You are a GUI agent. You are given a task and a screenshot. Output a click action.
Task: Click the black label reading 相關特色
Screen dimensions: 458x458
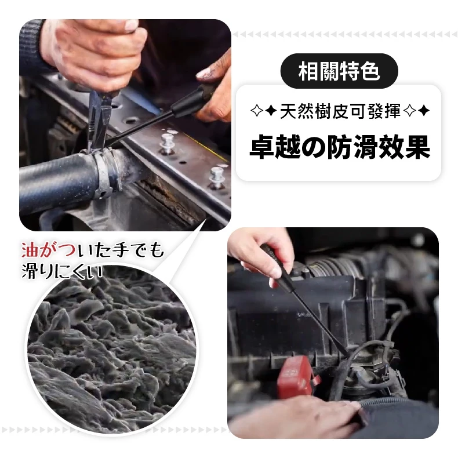click(339, 71)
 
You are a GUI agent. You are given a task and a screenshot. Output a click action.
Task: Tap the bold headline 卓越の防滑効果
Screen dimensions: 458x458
click(340, 147)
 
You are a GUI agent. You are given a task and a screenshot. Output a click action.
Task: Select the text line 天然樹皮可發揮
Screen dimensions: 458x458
click(340, 111)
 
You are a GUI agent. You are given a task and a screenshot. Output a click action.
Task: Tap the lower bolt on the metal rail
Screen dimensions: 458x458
click(217, 176)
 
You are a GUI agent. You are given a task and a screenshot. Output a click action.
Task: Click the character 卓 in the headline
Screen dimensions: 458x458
click(261, 147)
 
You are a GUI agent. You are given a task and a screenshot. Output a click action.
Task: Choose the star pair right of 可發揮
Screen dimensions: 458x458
click(416, 111)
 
